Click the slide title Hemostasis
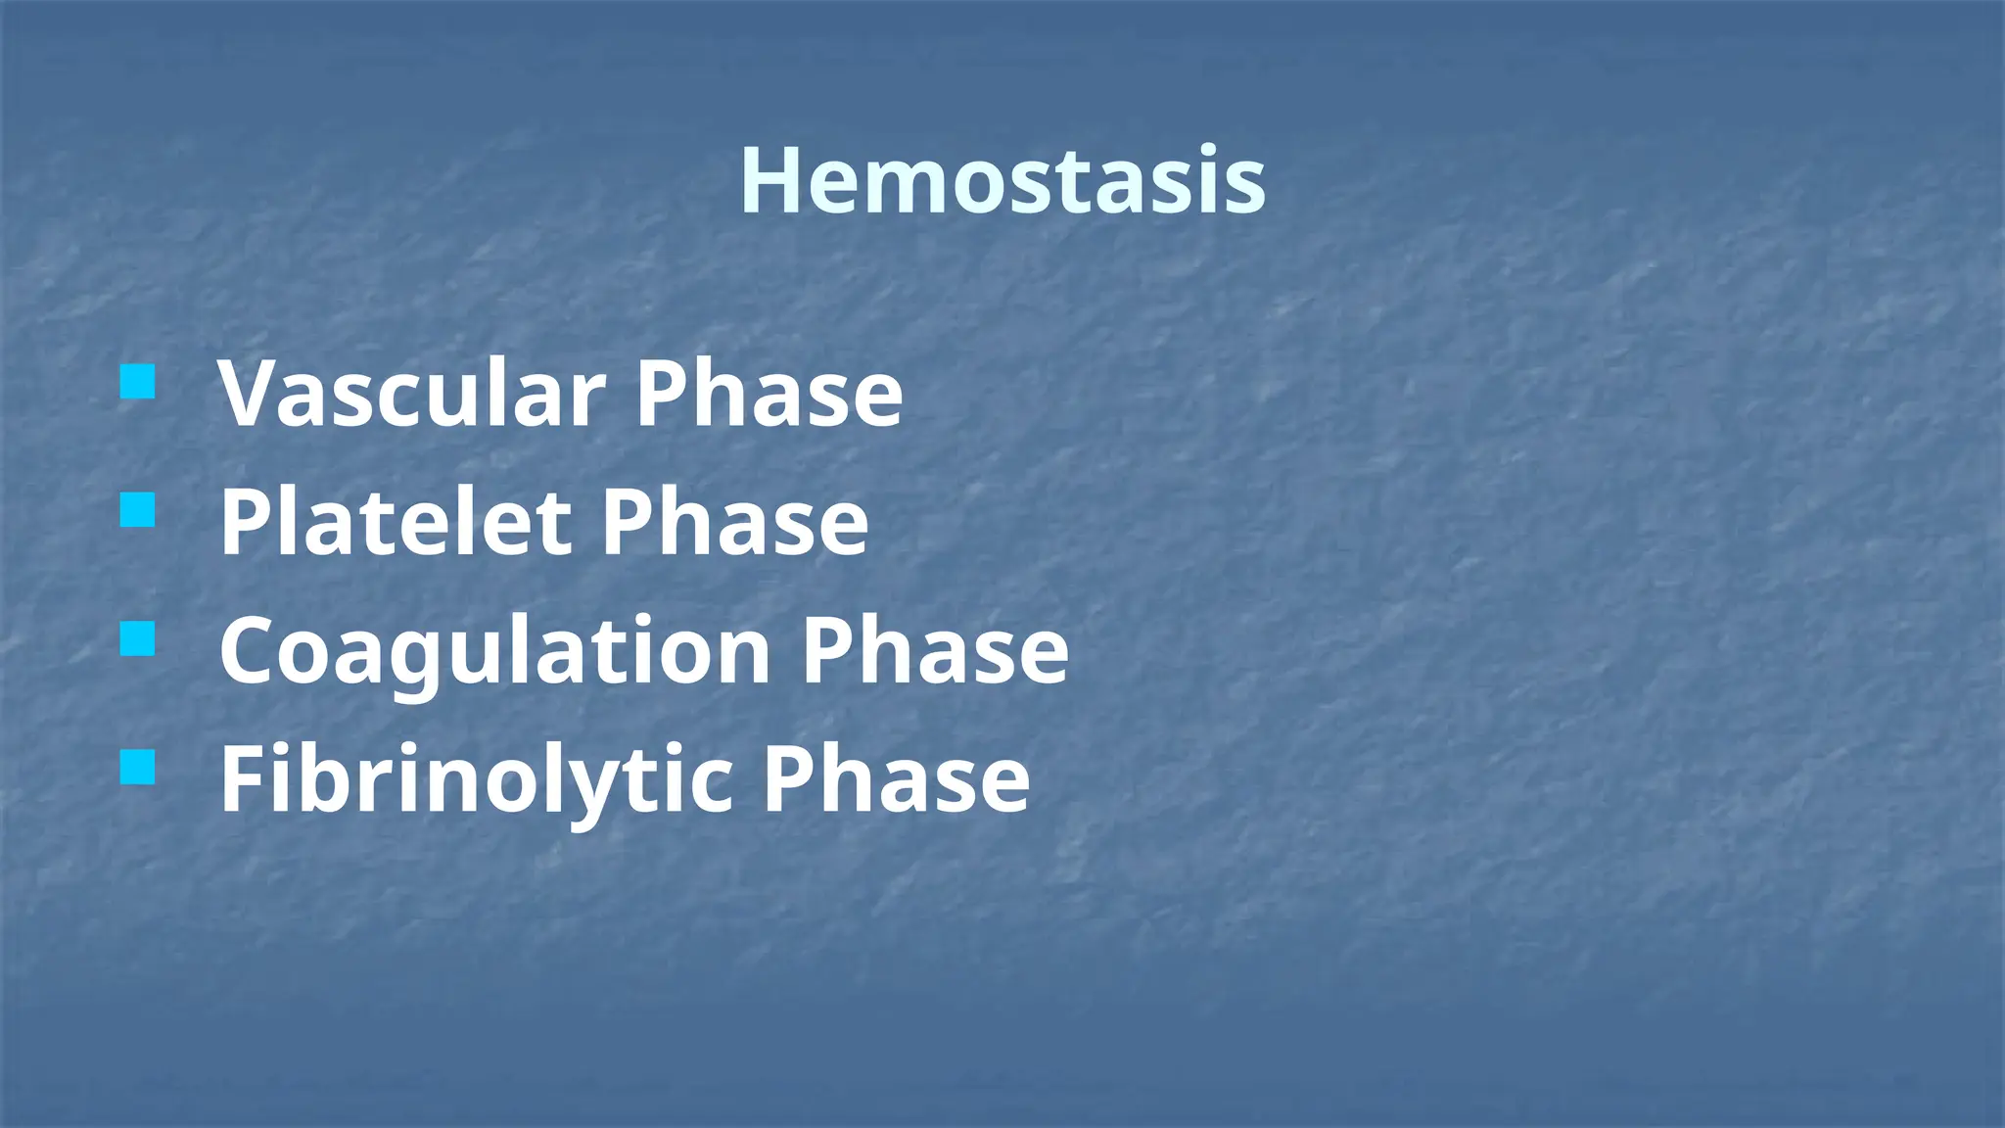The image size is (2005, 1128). coord(1002,180)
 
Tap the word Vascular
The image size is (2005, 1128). coord(411,394)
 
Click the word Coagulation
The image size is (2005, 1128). coord(495,651)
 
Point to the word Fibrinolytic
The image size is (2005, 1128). coord(476,780)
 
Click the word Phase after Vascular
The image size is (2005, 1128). coord(769,394)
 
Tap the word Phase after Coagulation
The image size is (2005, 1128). coord(935,651)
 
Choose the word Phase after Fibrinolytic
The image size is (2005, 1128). coord(896,780)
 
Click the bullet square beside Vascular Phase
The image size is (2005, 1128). coord(138,382)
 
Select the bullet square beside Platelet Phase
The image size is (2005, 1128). coord(138,510)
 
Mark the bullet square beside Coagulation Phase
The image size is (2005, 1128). coord(138,639)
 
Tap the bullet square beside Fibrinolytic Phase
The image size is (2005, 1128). coord(138,769)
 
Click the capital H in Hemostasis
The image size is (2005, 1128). coord(773,180)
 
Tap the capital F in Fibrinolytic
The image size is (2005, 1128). coord(245,780)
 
